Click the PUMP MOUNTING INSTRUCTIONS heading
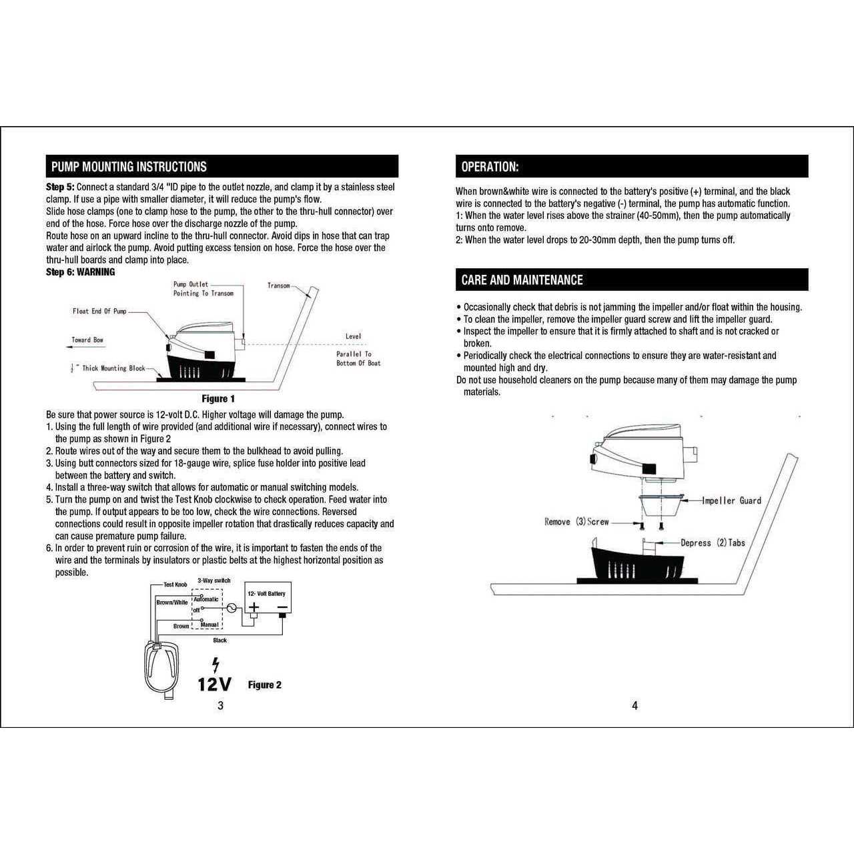click(129, 167)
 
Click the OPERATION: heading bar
click(490, 167)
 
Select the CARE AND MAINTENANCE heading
click(522, 280)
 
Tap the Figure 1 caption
click(218, 399)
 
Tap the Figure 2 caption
click(264, 685)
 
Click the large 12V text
click(214, 685)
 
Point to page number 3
click(220, 706)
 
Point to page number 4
click(634, 706)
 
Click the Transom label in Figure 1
click(279, 286)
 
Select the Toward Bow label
click(87, 340)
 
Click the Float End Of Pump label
click(99, 312)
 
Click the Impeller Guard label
click(731, 500)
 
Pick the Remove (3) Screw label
click(576, 522)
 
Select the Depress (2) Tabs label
click(713, 543)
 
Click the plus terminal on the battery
click(254, 608)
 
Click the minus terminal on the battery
click(282, 608)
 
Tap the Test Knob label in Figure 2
click(175, 584)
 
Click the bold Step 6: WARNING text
click(80, 272)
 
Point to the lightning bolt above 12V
click(215, 665)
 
